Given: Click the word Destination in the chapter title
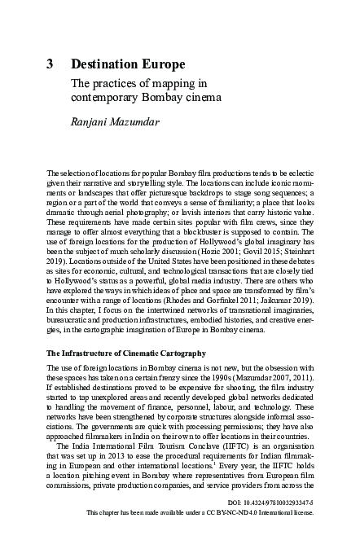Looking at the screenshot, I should (104, 64).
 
